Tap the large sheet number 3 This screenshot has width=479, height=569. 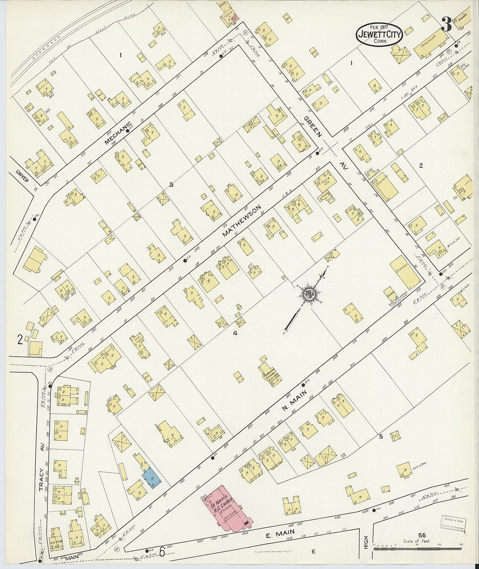pyautogui.click(x=446, y=24)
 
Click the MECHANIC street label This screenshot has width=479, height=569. pyautogui.click(x=118, y=133)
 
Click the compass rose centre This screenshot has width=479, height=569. pyautogui.click(x=310, y=293)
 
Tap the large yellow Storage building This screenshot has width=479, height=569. pyautogui.click(x=405, y=272)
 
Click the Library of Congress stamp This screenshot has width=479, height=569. pyautogui.click(x=452, y=524)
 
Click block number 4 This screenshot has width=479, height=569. pyautogui.click(x=235, y=334)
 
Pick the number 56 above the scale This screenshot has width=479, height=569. pyautogui.click(x=421, y=535)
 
